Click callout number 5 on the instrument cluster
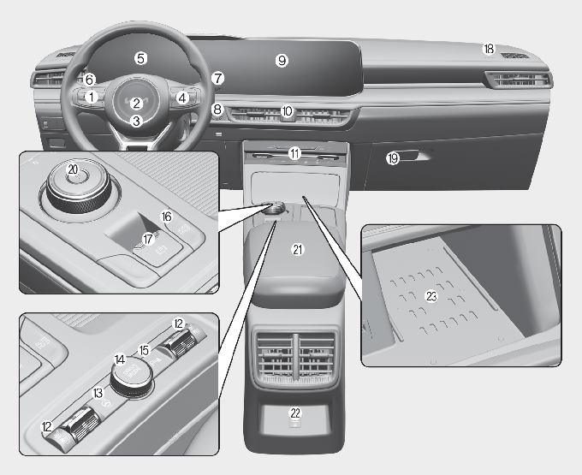140,58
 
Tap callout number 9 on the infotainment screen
282,60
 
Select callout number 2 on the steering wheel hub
137,104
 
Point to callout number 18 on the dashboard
489,49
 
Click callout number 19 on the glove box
392,159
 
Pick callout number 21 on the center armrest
298,250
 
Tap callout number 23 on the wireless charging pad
431,296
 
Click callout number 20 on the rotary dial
73,169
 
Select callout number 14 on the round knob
120,359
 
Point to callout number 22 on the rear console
295,413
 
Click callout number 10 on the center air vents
287,111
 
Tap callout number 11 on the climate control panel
294,153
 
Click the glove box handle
414,155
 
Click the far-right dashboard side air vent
520,80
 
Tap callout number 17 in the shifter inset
148,239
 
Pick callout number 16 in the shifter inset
167,217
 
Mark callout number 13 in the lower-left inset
98,393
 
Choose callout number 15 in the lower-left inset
144,350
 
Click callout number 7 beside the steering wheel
217,78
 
